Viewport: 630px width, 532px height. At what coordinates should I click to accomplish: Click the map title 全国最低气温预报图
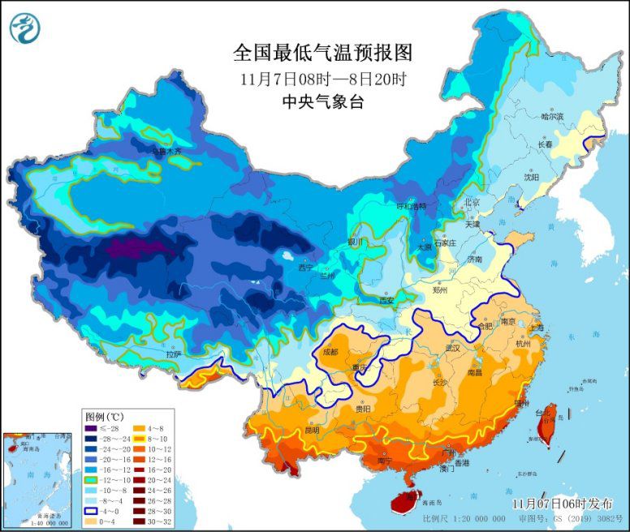pyautogui.click(x=323, y=54)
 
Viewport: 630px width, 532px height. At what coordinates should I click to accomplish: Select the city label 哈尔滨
pyautogui.click(x=552, y=117)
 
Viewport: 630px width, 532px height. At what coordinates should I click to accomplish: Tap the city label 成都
pyautogui.click(x=330, y=352)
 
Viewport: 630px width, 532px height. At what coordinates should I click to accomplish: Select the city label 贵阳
pyautogui.click(x=362, y=410)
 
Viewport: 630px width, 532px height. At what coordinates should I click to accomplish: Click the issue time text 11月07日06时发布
pyautogui.click(x=560, y=504)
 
